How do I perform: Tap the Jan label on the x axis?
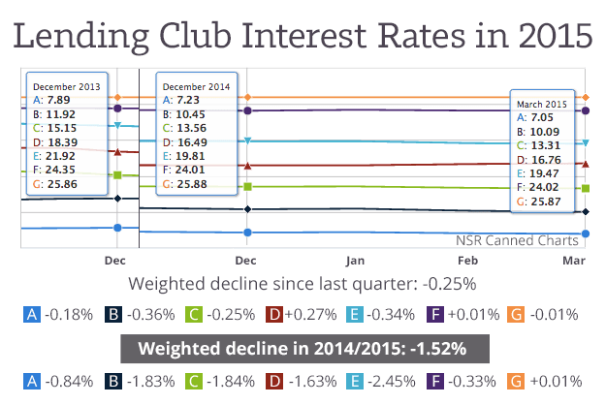tap(355, 262)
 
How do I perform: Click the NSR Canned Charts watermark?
tap(518, 239)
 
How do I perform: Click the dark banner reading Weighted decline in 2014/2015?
tap(304, 349)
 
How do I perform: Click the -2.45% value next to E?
tap(392, 382)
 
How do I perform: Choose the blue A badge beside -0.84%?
tap(32, 382)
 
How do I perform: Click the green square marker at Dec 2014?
tap(248, 186)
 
